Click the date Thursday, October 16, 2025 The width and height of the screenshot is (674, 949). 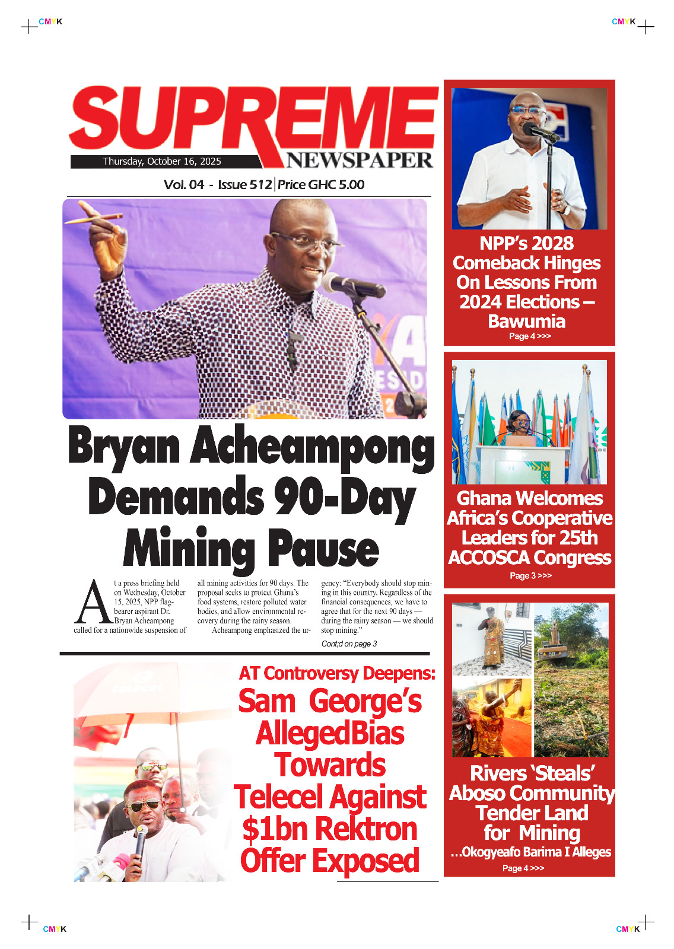coord(162,161)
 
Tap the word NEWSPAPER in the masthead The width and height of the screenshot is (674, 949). coord(360,160)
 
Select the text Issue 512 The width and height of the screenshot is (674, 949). coord(244,184)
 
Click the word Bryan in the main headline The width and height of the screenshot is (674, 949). coord(124,447)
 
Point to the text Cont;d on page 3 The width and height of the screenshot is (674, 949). coord(349,644)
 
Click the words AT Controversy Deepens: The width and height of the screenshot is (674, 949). coord(337,673)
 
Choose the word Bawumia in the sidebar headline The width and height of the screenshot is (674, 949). coord(527,321)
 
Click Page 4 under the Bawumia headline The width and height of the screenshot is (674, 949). coord(530,336)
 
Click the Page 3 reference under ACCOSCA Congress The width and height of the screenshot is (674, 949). coord(530,575)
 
